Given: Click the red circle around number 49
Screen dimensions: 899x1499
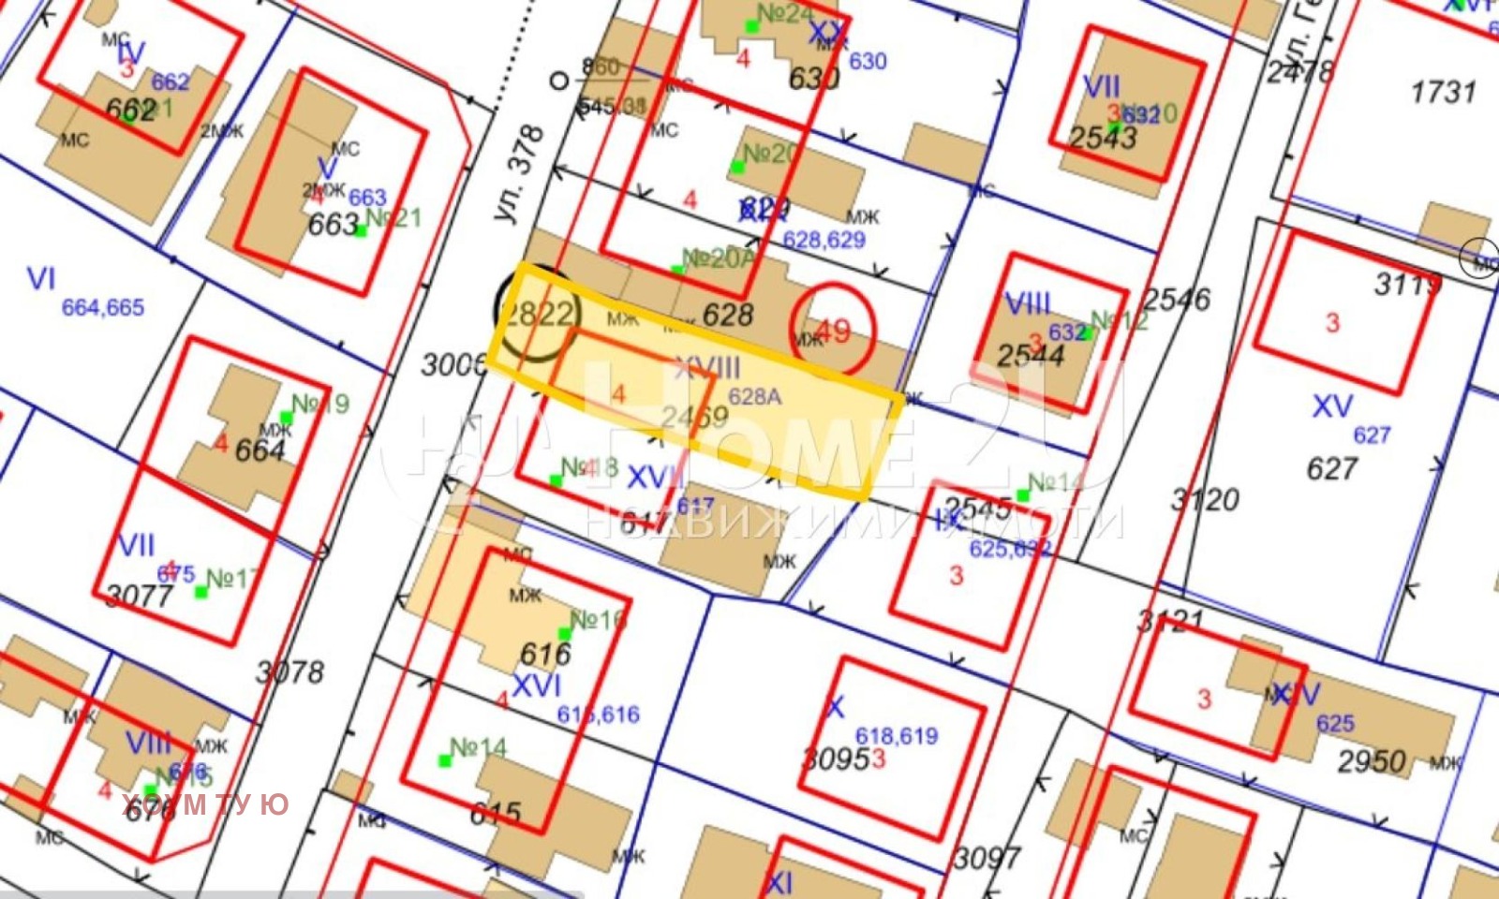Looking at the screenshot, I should [x=832, y=330].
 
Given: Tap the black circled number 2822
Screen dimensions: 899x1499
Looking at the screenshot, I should [x=537, y=314].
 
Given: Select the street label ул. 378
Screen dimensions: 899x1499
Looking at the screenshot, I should [x=521, y=174].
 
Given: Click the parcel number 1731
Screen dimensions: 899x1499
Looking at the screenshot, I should [x=1443, y=92].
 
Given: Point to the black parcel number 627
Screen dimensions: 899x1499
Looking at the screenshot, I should [x=1331, y=468].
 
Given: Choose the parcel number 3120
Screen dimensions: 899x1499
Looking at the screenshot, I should [x=1206, y=499].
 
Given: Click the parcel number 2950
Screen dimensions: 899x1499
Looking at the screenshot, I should [x=1371, y=761].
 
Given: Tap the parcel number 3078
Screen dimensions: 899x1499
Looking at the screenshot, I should [x=290, y=671].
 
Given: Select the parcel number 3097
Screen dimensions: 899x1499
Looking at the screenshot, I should [x=987, y=857].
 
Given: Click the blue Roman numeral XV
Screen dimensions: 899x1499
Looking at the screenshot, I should [x=1332, y=406].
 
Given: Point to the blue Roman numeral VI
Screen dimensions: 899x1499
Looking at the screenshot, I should [x=41, y=278].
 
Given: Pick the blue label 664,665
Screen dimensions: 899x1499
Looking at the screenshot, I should [x=103, y=307].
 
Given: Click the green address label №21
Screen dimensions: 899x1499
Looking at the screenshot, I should [x=394, y=218].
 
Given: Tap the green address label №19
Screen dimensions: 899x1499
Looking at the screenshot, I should [x=320, y=404].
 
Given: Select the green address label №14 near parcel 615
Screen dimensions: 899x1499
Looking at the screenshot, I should [x=478, y=747].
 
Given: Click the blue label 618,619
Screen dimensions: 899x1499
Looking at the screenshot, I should [x=897, y=736].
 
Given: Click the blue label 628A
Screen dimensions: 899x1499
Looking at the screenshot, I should [x=754, y=397].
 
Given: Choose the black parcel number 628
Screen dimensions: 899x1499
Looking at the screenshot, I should [x=728, y=315].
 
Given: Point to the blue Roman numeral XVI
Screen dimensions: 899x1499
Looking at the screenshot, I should [x=537, y=685].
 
